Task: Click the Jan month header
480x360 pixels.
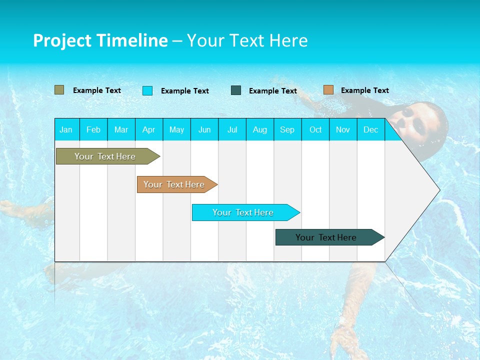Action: [x=66, y=129]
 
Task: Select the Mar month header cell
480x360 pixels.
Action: [x=121, y=129]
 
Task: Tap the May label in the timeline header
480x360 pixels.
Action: [x=176, y=129]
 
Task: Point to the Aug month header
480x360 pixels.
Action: [x=259, y=129]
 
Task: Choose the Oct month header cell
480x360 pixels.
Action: [x=315, y=129]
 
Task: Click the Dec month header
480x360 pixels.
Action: [x=370, y=129]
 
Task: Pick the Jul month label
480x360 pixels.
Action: [x=232, y=129]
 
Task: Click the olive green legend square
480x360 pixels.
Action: [x=59, y=90]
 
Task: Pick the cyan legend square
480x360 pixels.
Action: [x=147, y=90]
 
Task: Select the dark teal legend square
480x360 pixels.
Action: [x=236, y=90]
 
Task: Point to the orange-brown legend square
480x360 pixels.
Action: [x=328, y=90]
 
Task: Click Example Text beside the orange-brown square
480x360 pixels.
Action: [x=364, y=90]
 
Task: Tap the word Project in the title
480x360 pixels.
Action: [x=61, y=40]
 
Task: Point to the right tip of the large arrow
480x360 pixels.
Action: [x=439, y=190]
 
